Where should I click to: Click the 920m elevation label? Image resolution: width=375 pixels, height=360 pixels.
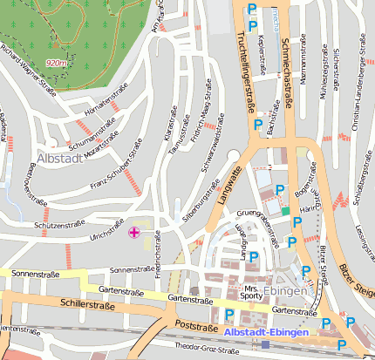[57, 63]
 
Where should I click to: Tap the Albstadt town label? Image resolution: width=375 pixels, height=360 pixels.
[60, 159]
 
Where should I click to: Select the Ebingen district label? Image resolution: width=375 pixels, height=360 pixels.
[289, 291]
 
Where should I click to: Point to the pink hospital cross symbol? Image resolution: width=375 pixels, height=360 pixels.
[133, 232]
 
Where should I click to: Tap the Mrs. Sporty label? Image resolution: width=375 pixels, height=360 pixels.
[252, 292]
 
